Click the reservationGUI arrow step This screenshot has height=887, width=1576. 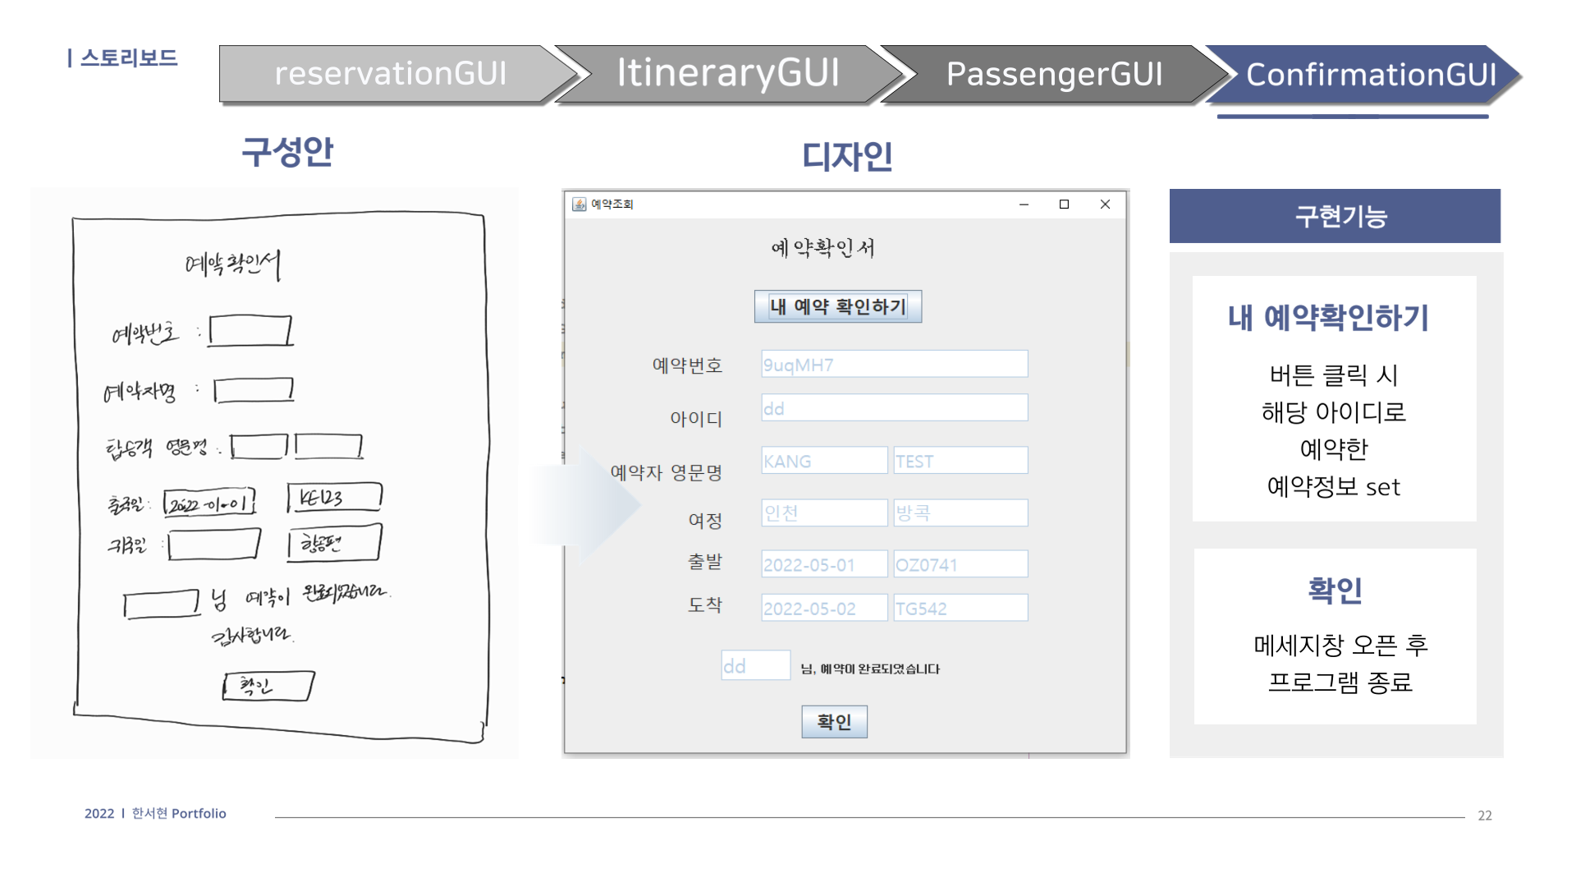pos(391,74)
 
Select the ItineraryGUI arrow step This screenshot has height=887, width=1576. pos(727,74)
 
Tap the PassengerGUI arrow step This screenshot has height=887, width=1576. pos(1054,74)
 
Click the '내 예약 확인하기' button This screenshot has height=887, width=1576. pos(837,306)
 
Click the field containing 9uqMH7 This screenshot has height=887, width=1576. pos(894,365)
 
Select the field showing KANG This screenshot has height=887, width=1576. pos(824,461)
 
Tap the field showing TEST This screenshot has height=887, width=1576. pos(960,461)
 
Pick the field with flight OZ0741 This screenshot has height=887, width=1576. pos(960,564)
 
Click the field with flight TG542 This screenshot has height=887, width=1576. pos(960,608)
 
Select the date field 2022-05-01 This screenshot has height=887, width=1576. pos(824,564)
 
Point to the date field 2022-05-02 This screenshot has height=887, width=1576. pos(824,608)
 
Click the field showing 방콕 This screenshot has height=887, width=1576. pos(960,512)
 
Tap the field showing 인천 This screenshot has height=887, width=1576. pos(824,512)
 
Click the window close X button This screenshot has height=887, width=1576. pos(1105,205)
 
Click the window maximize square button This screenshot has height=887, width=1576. pos(1064,205)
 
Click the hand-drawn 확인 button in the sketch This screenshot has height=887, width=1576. pos(268,686)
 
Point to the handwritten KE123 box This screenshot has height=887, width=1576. pos(334,498)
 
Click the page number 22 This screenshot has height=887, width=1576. pos(1484,816)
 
